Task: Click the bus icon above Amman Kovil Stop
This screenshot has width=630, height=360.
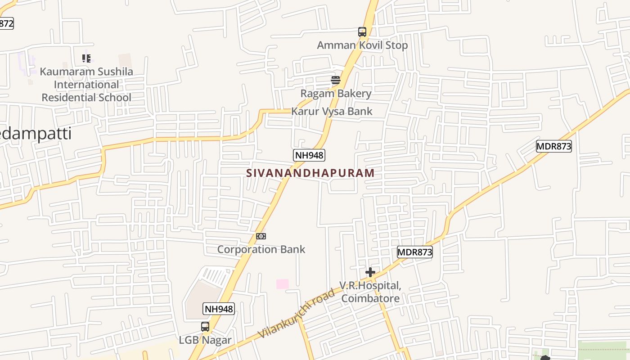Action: pos(362,32)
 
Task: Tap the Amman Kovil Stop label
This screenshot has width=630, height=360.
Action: pos(362,45)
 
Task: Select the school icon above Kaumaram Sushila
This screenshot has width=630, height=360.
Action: pos(86,58)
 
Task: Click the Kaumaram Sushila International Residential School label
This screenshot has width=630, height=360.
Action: pos(86,85)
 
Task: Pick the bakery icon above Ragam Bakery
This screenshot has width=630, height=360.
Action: pos(336,81)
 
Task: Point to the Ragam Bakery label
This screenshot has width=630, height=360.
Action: pos(336,94)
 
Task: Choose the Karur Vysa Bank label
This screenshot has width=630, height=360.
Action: pos(332,111)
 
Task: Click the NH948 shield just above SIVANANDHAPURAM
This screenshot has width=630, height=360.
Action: pos(309,155)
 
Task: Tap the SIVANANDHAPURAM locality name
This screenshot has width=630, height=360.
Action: pos(310,173)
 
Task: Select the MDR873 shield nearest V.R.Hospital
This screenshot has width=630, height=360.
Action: pos(415,252)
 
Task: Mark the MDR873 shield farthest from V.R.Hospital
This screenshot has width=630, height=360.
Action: pos(553,146)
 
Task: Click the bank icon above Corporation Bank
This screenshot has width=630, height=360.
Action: pos(261,236)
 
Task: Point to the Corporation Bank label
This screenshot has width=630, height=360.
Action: pos(261,249)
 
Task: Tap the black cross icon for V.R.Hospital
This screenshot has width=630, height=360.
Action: pos(370,272)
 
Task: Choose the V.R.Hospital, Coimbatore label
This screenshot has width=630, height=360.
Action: pos(370,292)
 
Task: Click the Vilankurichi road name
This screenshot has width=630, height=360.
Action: pos(297,314)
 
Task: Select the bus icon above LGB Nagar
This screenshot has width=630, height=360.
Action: pos(205,327)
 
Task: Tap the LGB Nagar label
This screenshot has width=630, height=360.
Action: pos(205,340)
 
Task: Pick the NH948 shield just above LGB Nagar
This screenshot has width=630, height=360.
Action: pos(219,309)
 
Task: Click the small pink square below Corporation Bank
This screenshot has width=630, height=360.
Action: pos(282,284)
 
